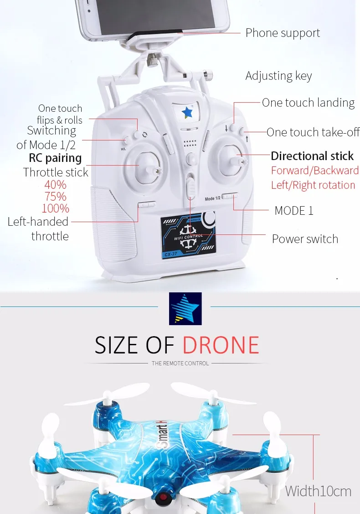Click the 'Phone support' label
click(x=283, y=33)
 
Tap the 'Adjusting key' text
click(x=278, y=76)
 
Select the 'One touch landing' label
click(x=308, y=103)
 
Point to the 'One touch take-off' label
click(x=313, y=132)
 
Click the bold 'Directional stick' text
click(x=312, y=156)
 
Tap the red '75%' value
click(x=56, y=197)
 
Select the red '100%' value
click(x=56, y=208)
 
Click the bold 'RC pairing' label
click(x=55, y=158)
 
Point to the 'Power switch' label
click(x=305, y=239)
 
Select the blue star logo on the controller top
click(x=187, y=111)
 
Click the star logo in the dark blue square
click(x=185, y=308)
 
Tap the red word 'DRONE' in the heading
click(x=221, y=345)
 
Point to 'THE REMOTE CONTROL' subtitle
click(x=180, y=363)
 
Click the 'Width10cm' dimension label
click(x=318, y=491)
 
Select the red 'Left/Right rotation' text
click(x=313, y=185)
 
